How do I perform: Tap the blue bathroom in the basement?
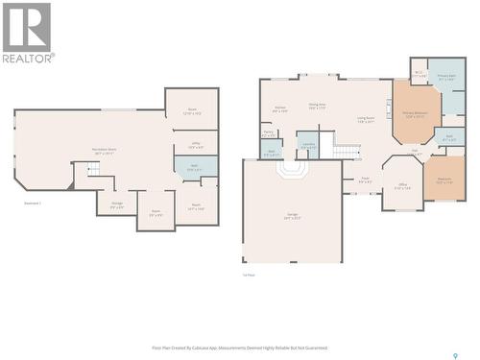tap(195, 167)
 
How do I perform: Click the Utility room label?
tap(194, 146)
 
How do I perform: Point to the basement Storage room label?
tap(116, 204)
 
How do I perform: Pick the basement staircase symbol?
tap(93, 170)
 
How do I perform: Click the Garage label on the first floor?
tap(292, 216)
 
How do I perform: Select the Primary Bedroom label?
tap(415, 114)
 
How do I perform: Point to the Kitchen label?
tap(280, 109)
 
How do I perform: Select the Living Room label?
tap(365, 120)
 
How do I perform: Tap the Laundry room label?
tap(308, 146)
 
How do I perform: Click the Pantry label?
tap(270, 134)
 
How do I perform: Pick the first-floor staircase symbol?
tap(346, 150)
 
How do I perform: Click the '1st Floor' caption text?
tap(249, 276)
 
